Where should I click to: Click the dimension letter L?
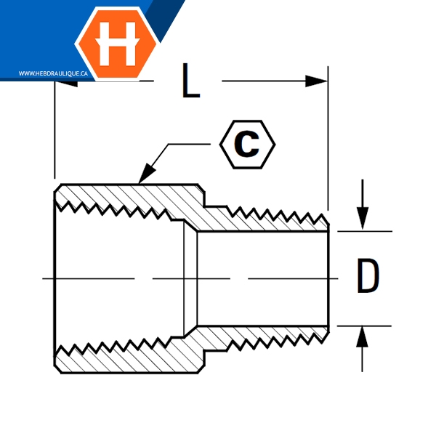[190, 81]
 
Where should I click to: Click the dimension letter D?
[368, 278]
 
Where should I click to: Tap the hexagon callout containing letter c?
[248, 144]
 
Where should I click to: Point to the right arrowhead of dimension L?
[317, 81]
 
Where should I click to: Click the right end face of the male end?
[329, 278]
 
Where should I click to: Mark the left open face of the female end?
[55, 278]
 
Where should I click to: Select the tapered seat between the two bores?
[189, 278]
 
